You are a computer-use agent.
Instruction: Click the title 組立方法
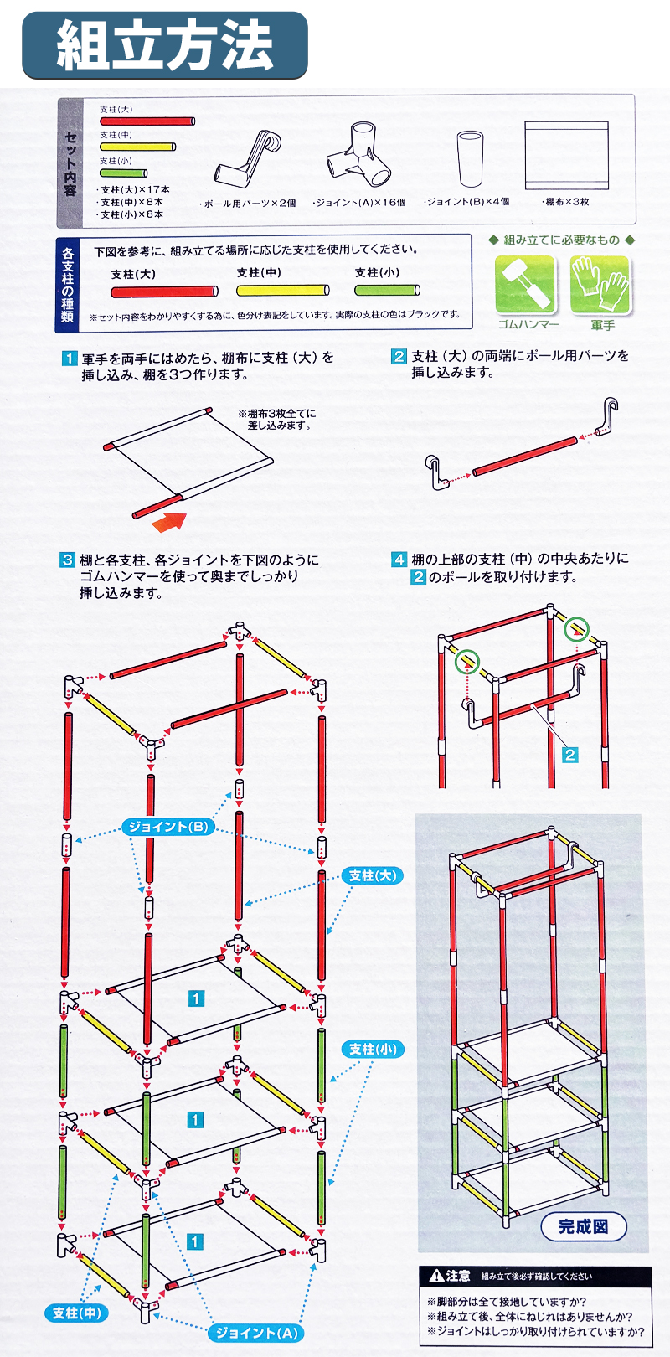165,45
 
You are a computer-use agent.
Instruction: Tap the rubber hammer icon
524,284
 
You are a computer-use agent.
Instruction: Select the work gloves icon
600,284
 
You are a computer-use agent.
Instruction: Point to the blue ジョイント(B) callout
168,826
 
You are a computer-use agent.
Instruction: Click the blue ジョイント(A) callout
256,1332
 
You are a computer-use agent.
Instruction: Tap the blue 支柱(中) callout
76,1313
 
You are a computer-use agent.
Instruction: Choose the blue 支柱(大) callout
373,875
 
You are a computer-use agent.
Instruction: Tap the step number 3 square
67,560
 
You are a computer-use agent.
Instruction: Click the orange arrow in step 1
169,521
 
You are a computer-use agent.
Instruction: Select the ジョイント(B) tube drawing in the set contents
470,158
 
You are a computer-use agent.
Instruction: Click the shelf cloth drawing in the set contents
566,156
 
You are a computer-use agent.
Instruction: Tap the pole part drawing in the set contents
248,157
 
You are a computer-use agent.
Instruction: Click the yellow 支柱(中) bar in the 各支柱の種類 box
283,290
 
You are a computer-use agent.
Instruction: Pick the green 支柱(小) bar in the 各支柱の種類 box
387,290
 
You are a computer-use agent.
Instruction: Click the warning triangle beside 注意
437,1276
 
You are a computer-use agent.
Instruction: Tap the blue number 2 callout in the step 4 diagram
570,755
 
